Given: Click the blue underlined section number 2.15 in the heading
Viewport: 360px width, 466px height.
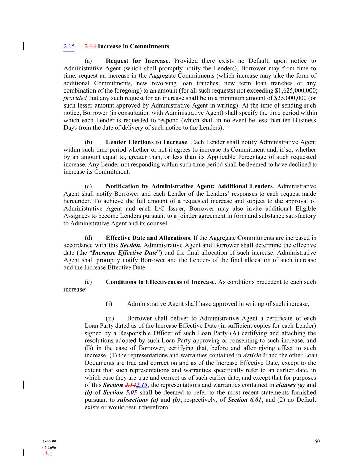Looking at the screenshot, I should (x=69, y=46).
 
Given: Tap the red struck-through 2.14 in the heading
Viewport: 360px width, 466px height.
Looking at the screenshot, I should (x=90, y=46).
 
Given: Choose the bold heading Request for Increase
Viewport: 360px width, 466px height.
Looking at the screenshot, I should (x=137, y=61).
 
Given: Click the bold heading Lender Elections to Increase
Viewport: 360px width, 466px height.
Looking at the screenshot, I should (x=146, y=142).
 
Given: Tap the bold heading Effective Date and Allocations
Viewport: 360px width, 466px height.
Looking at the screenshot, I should (x=148, y=238).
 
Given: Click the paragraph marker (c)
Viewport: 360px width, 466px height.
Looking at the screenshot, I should (x=88, y=186).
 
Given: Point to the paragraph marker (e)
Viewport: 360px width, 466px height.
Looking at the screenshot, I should (x=88, y=282).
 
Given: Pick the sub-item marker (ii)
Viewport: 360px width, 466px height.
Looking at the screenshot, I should (x=110, y=319).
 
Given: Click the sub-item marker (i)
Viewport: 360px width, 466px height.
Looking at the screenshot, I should (x=109, y=304).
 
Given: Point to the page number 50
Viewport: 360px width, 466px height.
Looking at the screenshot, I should (x=317, y=441).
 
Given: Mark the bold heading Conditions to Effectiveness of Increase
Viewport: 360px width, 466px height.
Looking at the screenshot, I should (x=160, y=282).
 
